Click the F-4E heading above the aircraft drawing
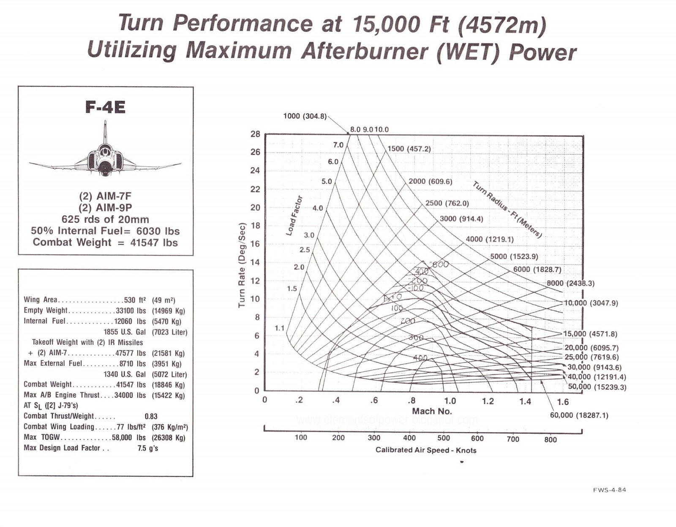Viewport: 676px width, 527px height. (105, 107)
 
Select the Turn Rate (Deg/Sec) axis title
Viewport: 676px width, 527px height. (242, 265)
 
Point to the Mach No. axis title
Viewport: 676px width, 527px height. (432, 411)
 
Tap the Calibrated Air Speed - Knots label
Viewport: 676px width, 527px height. (426, 450)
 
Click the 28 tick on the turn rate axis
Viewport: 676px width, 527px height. (255, 134)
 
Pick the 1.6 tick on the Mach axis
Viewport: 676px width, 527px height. (563, 402)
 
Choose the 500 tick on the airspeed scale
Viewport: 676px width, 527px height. (444, 438)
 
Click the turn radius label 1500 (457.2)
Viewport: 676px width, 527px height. (409, 149)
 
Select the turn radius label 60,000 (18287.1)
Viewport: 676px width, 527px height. (579, 415)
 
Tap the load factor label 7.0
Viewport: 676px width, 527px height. (338, 145)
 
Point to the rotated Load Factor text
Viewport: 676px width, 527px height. (294, 215)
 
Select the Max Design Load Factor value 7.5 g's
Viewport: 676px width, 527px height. (148, 448)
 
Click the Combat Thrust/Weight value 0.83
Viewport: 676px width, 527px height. (151, 416)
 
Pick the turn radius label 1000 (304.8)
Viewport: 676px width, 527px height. (305, 116)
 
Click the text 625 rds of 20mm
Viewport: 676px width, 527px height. (105, 219)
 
